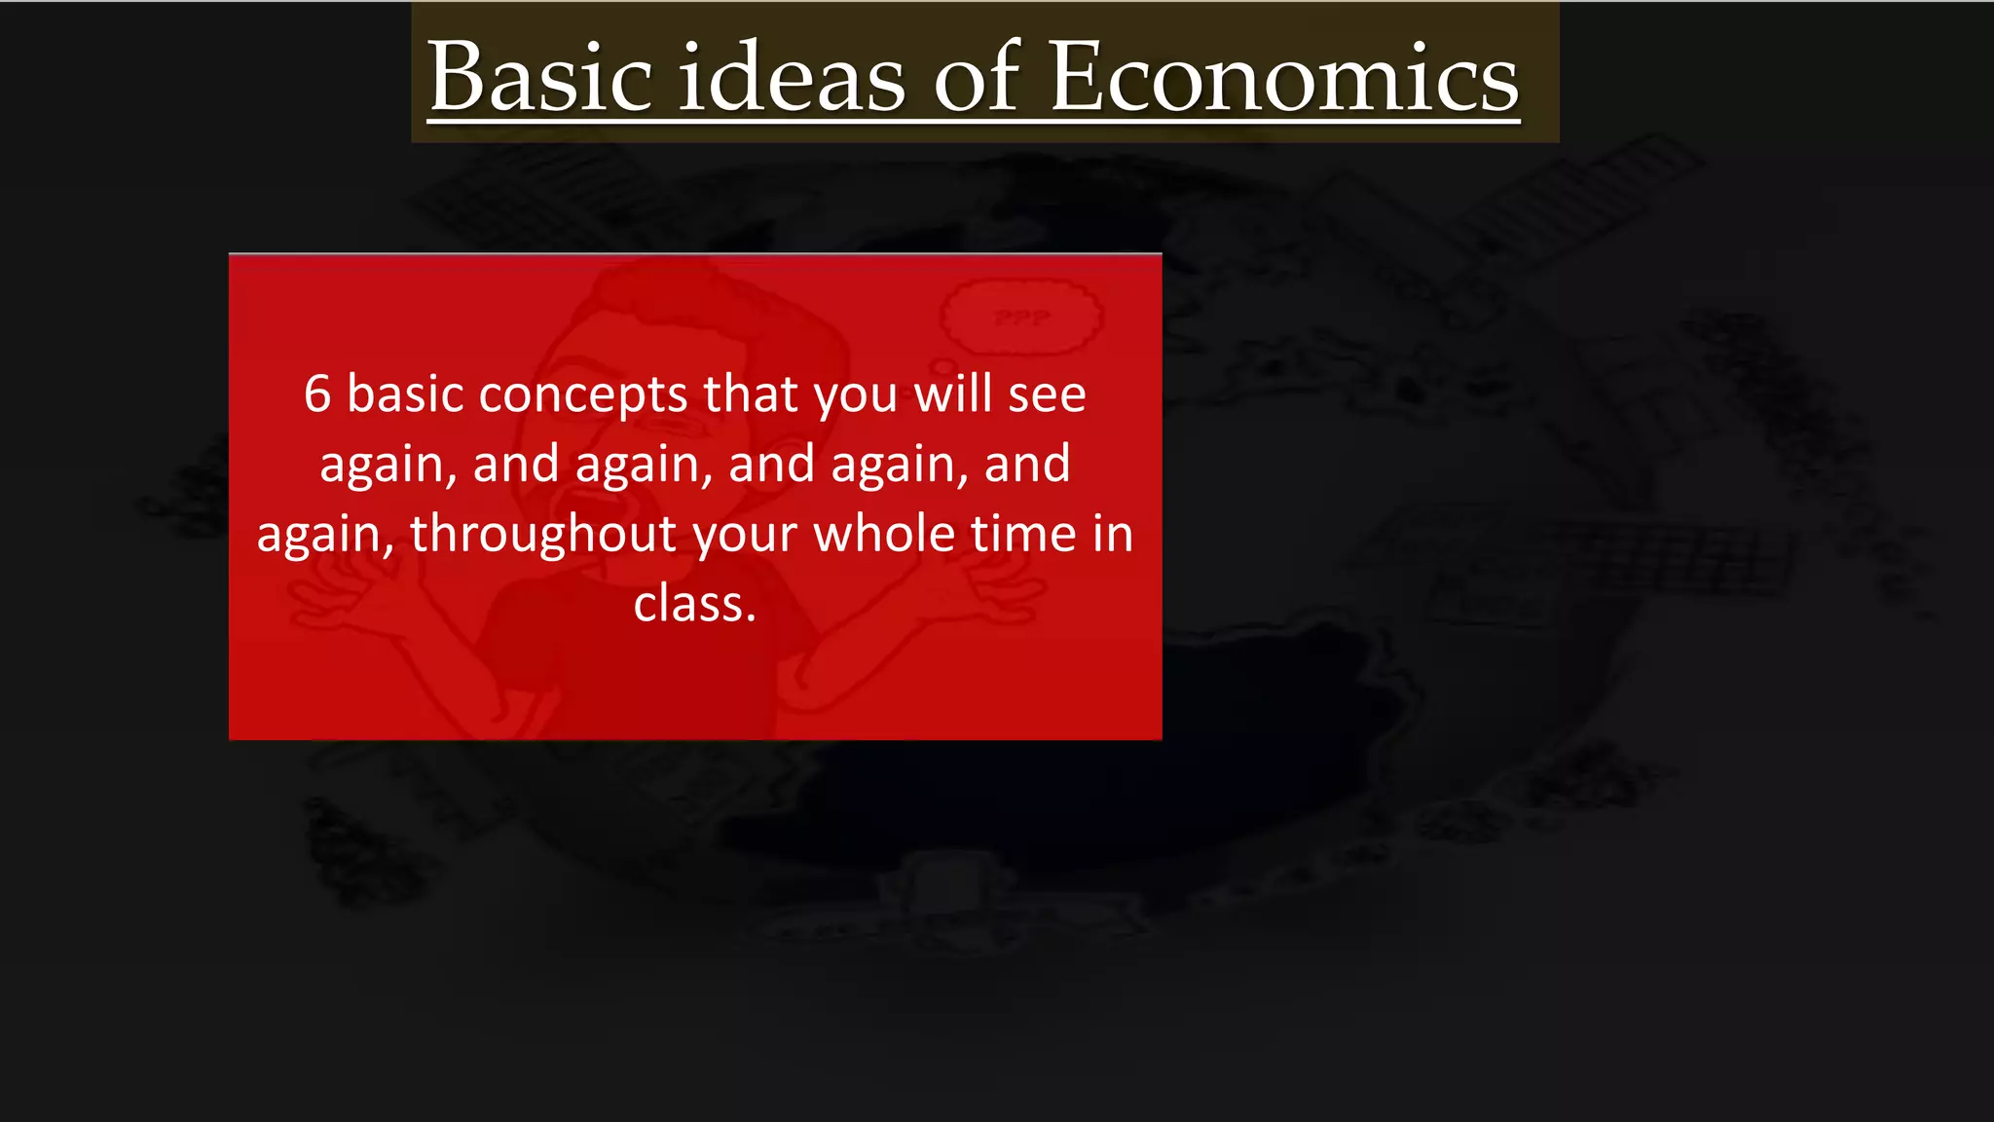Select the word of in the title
point(977,78)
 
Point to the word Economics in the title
point(1283,78)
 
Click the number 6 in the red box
point(317,394)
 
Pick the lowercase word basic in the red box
point(405,394)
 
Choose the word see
point(1047,395)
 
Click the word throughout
point(543,535)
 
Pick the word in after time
point(1113,534)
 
